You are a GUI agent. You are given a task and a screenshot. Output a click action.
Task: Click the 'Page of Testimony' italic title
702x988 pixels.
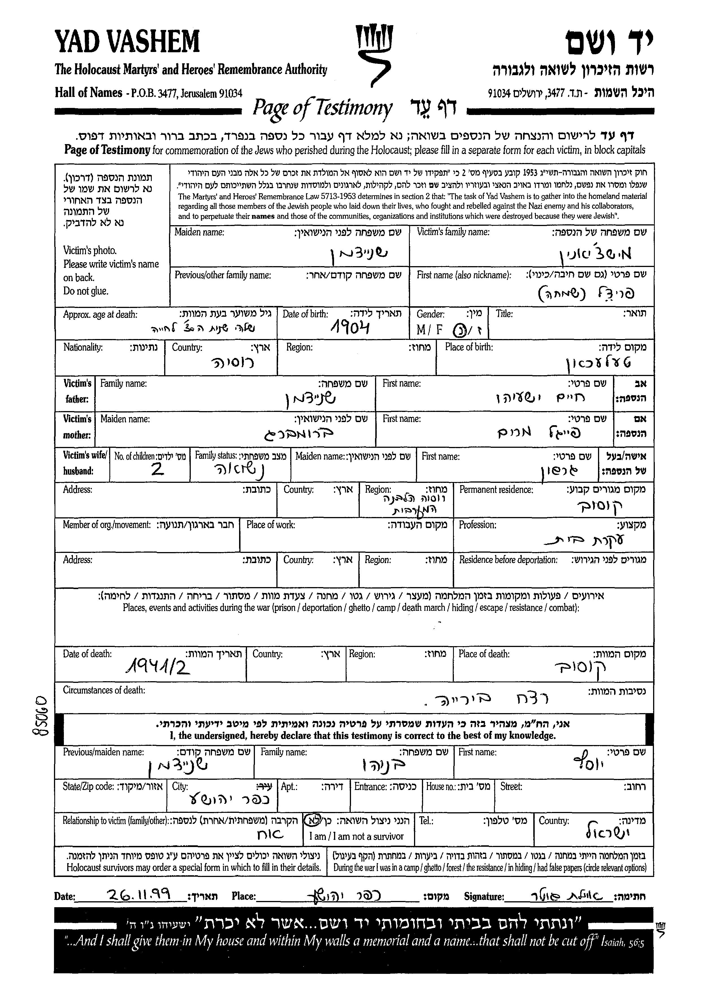click(x=322, y=108)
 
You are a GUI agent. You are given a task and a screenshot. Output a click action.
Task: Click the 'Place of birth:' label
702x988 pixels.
click(x=469, y=347)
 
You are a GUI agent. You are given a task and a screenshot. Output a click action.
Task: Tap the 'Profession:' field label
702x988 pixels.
click(x=477, y=525)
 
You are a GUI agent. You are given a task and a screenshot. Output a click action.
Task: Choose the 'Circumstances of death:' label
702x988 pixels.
click(x=104, y=690)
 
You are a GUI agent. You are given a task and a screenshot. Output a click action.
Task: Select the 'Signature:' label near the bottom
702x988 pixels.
click(x=484, y=896)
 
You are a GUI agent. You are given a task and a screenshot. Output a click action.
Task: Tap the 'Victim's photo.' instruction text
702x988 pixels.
click(x=90, y=250)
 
